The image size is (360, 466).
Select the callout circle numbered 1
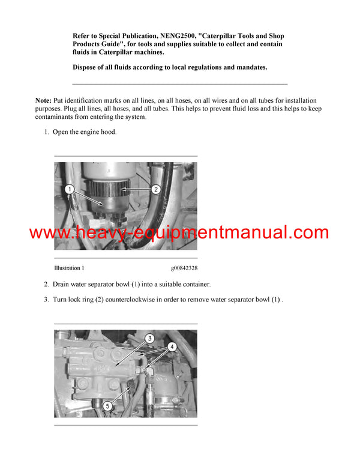[x=70, y=190]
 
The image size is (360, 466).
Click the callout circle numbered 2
[x=155, y=190]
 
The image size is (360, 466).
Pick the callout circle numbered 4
[x=172, y=346]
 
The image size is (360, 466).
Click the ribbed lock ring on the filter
[x=109, y=191]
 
